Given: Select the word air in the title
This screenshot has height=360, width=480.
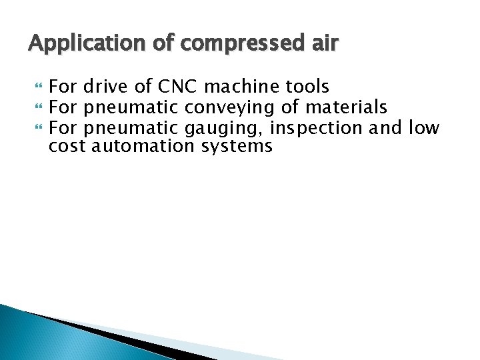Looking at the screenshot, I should (x=324, y=44).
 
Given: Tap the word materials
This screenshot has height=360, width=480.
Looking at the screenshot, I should (x=348, y=107).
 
